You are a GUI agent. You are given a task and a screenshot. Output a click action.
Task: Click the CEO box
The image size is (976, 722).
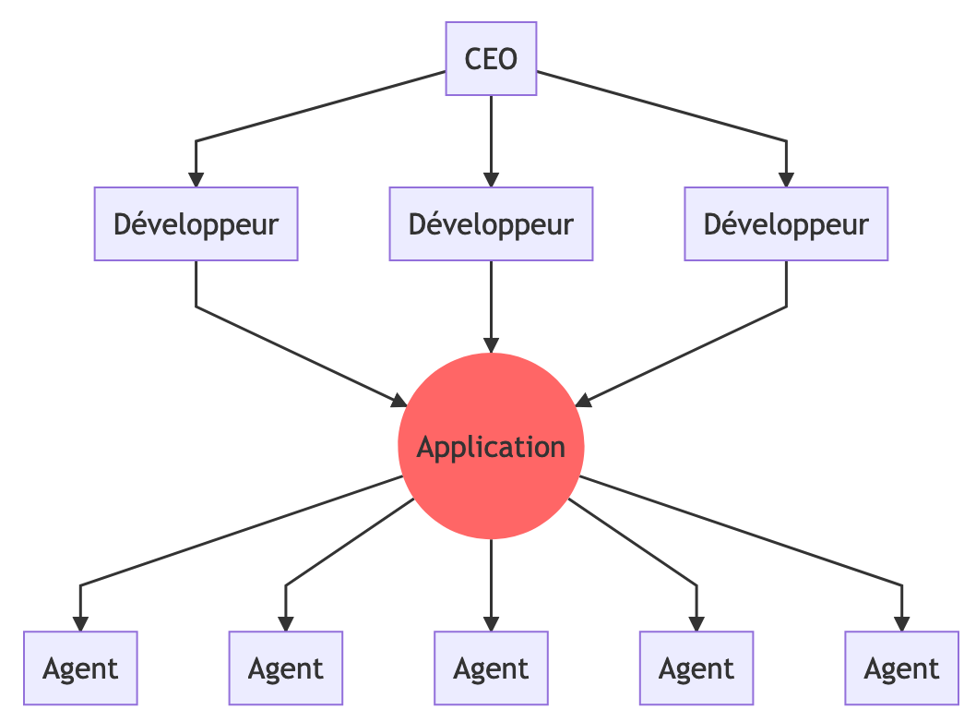pos(491,59)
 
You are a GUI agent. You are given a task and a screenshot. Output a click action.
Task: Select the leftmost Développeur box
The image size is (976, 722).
pos(196,223)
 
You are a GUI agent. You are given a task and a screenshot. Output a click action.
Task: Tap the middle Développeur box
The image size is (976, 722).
pos(491,223)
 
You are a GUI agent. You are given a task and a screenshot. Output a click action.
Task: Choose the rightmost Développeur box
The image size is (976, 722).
pos(786,223)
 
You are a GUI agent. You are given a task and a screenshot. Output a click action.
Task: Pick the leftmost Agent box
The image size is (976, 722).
pos(80,668)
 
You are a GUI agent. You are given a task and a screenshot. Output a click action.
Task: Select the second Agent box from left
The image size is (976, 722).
pos(286,668)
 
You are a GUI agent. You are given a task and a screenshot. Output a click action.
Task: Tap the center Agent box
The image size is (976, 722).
pos(491,668)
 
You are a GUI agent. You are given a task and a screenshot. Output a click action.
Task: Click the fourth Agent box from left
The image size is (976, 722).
pos(696,668)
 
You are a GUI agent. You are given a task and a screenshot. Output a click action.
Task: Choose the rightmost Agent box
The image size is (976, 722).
pos(902,668)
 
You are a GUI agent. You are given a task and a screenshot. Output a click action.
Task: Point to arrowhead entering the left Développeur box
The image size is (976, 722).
pos(196,180)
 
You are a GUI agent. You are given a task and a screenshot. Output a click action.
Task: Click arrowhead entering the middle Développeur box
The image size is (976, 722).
pos(491,180)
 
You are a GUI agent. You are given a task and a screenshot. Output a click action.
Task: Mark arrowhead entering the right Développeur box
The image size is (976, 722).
pos(786,180)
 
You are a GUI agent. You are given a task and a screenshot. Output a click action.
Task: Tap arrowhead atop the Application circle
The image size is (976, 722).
pos(491,345)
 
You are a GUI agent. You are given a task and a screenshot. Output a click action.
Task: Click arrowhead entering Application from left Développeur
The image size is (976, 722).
pos(399,402)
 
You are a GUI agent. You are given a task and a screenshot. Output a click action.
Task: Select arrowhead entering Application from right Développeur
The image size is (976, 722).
pos(582,402)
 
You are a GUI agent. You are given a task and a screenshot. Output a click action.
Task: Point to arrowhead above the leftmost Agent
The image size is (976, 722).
pos(80,624)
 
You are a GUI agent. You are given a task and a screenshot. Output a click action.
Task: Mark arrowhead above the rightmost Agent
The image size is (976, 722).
pos(902,624)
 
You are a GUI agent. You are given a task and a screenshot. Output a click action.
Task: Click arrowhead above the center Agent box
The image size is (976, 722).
pos(491,624)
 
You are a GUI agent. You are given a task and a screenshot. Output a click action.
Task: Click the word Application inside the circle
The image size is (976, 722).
pos(491,448)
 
